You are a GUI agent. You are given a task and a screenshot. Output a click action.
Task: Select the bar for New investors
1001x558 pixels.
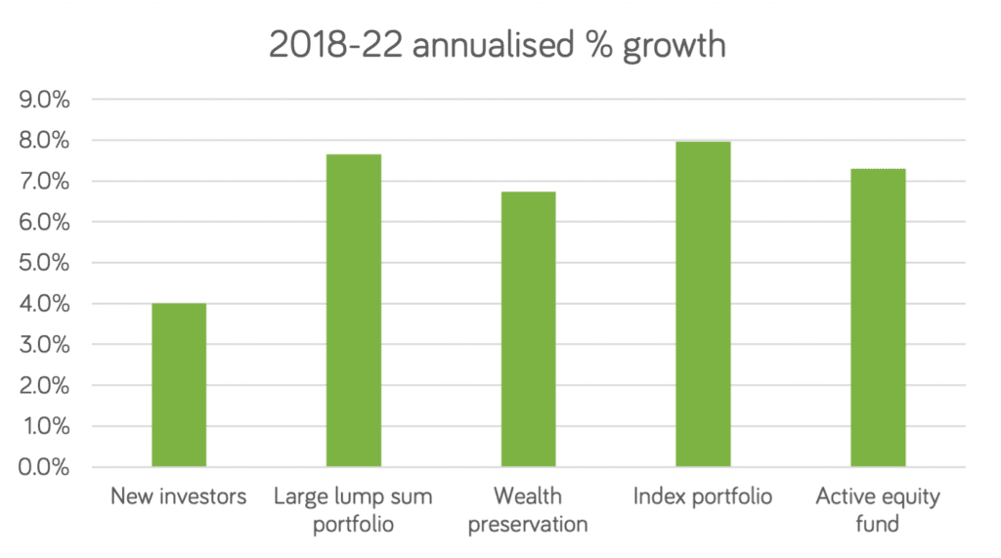tap(179, 385)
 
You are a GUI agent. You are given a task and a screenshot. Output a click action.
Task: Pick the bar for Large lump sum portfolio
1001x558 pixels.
tap(354, 310)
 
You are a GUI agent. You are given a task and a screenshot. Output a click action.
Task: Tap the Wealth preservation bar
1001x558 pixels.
tap(528, 329)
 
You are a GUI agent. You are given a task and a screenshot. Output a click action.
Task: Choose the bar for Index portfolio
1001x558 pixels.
tap(703, 304)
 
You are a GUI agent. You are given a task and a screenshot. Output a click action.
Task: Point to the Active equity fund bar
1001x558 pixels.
tap(877, 318)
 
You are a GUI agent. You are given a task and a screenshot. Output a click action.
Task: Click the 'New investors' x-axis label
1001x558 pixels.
tap(179, 497)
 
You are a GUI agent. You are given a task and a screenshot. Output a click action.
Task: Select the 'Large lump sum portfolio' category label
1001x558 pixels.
tap(354, 510)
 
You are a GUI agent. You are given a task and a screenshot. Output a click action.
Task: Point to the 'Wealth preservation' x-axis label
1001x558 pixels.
tap(528, 510)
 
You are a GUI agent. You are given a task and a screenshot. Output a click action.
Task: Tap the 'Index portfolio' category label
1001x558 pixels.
tap(703, 497)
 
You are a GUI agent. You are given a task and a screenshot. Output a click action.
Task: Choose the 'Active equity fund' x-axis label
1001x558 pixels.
tap(877, 510)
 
